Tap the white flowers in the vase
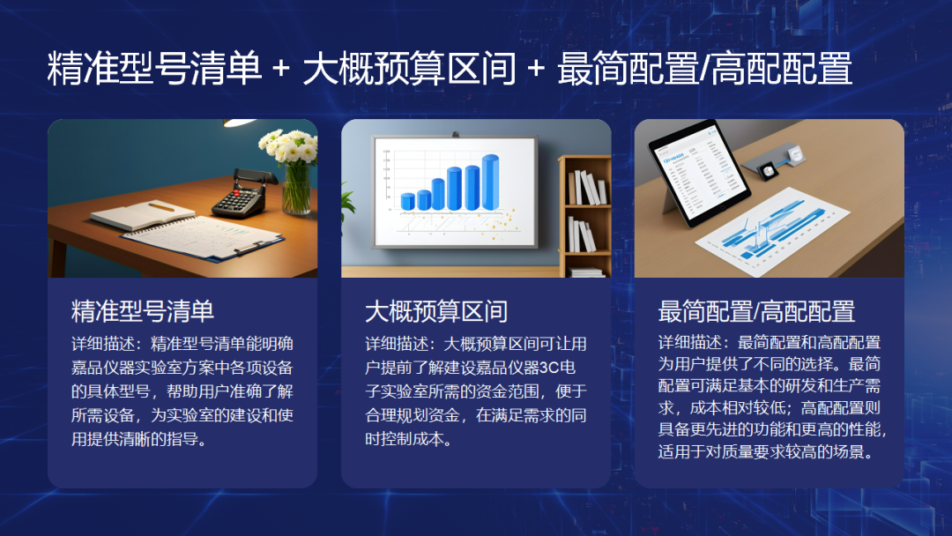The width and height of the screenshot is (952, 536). click(x=289, y=145)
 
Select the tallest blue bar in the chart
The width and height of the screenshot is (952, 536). click(x=491, y=182)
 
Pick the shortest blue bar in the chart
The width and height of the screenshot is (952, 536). click(x=408, y=202)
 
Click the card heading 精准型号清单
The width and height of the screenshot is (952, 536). click(x=143, y=311)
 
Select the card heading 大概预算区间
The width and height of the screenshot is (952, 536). click(x=436, y=311)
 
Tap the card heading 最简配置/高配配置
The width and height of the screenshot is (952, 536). click(x=756, y=311)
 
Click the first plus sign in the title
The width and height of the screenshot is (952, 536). click(x=281, y=69)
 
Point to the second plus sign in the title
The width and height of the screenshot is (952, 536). click(x=536, y=69)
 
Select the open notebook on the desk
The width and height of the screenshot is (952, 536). click(x=144, y=215)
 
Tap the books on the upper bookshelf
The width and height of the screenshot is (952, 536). click(x=587, y=188)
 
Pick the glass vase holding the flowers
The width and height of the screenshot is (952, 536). click(x=297, y=188)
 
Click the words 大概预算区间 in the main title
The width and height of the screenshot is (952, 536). click(x=409, y=69)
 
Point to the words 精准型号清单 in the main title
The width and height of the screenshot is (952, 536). click(x=154, y=69)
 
